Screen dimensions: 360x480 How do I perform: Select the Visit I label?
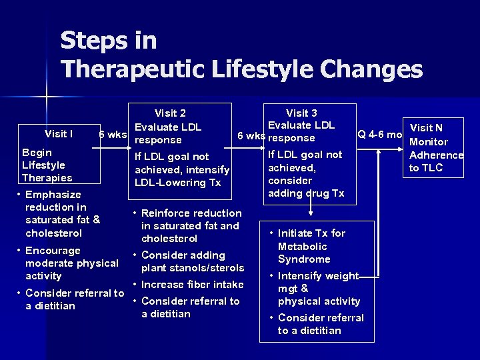59,134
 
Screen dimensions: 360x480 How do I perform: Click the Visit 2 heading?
170,113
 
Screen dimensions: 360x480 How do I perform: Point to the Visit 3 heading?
301,113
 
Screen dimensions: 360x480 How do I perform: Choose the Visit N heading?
426,128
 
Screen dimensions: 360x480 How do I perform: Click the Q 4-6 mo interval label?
379,134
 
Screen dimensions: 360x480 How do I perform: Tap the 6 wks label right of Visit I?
112,134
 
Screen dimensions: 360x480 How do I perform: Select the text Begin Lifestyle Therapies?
47,165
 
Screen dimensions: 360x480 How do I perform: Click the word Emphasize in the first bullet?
53,195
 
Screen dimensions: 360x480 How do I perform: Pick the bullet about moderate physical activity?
71,263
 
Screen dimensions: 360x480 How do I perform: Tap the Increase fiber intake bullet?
188,285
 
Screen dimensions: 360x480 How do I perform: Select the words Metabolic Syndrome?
304,253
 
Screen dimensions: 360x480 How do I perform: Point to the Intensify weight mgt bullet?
318,288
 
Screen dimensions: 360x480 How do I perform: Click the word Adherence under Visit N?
437,155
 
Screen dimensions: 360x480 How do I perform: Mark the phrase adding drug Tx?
306,193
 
